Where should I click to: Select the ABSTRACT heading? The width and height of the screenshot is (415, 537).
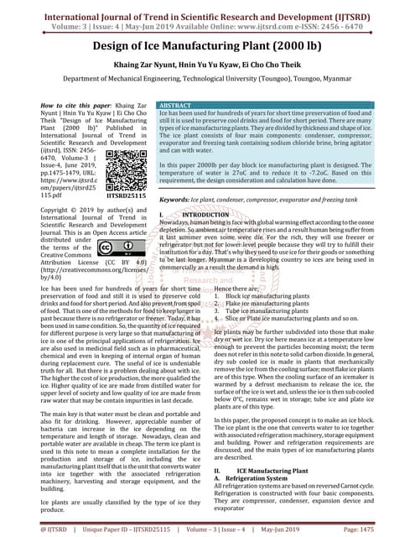tap(179, 105)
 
